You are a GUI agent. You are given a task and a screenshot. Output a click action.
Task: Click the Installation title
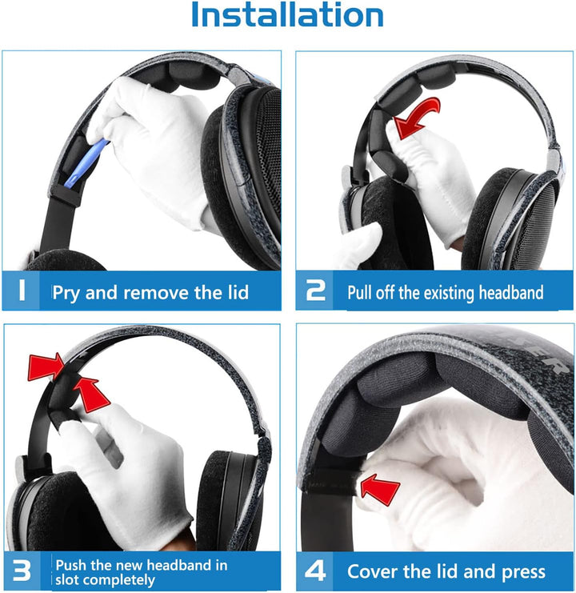coord(288,16)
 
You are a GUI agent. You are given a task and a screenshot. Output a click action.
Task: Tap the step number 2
coord(317,291)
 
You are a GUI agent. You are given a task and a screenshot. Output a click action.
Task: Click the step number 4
coord(317,571)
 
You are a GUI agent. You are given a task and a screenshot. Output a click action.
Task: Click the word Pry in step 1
coord(66,292)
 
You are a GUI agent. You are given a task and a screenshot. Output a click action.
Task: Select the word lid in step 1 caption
coord(235,292)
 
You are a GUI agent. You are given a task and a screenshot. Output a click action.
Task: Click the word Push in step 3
coord(72,564)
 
